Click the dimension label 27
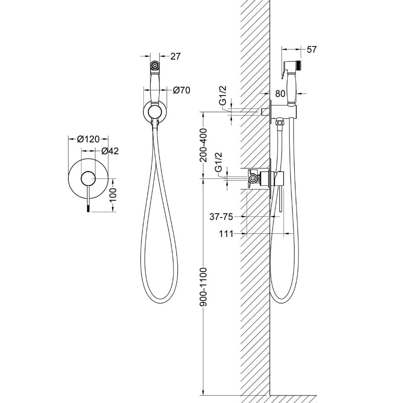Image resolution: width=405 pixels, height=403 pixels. tap(175, 56)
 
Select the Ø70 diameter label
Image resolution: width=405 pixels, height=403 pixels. tap(182, 90)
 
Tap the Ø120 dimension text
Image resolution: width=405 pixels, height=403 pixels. tap(88, 139)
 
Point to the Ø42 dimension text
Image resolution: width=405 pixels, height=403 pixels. tap(110, 151)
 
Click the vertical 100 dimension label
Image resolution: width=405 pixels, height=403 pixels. tap(113, 195)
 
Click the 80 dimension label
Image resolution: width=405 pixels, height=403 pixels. tap(280, 93)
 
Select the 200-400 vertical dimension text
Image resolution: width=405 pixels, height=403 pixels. tap(204, 145)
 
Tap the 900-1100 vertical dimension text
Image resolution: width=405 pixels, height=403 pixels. tap(204, 287)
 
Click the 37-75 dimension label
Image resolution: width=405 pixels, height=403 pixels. tap(221, 217)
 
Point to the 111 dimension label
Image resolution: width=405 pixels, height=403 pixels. tap(226, 234)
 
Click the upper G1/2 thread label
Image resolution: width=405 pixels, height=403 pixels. tap(222, 95)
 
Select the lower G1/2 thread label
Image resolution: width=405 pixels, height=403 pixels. tap(218, 162)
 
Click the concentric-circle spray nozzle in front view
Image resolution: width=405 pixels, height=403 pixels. tap(155, 65)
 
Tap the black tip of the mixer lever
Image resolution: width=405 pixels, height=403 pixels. tap(88, 208)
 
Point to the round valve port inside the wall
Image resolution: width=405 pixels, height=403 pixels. tap(253, 178)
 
